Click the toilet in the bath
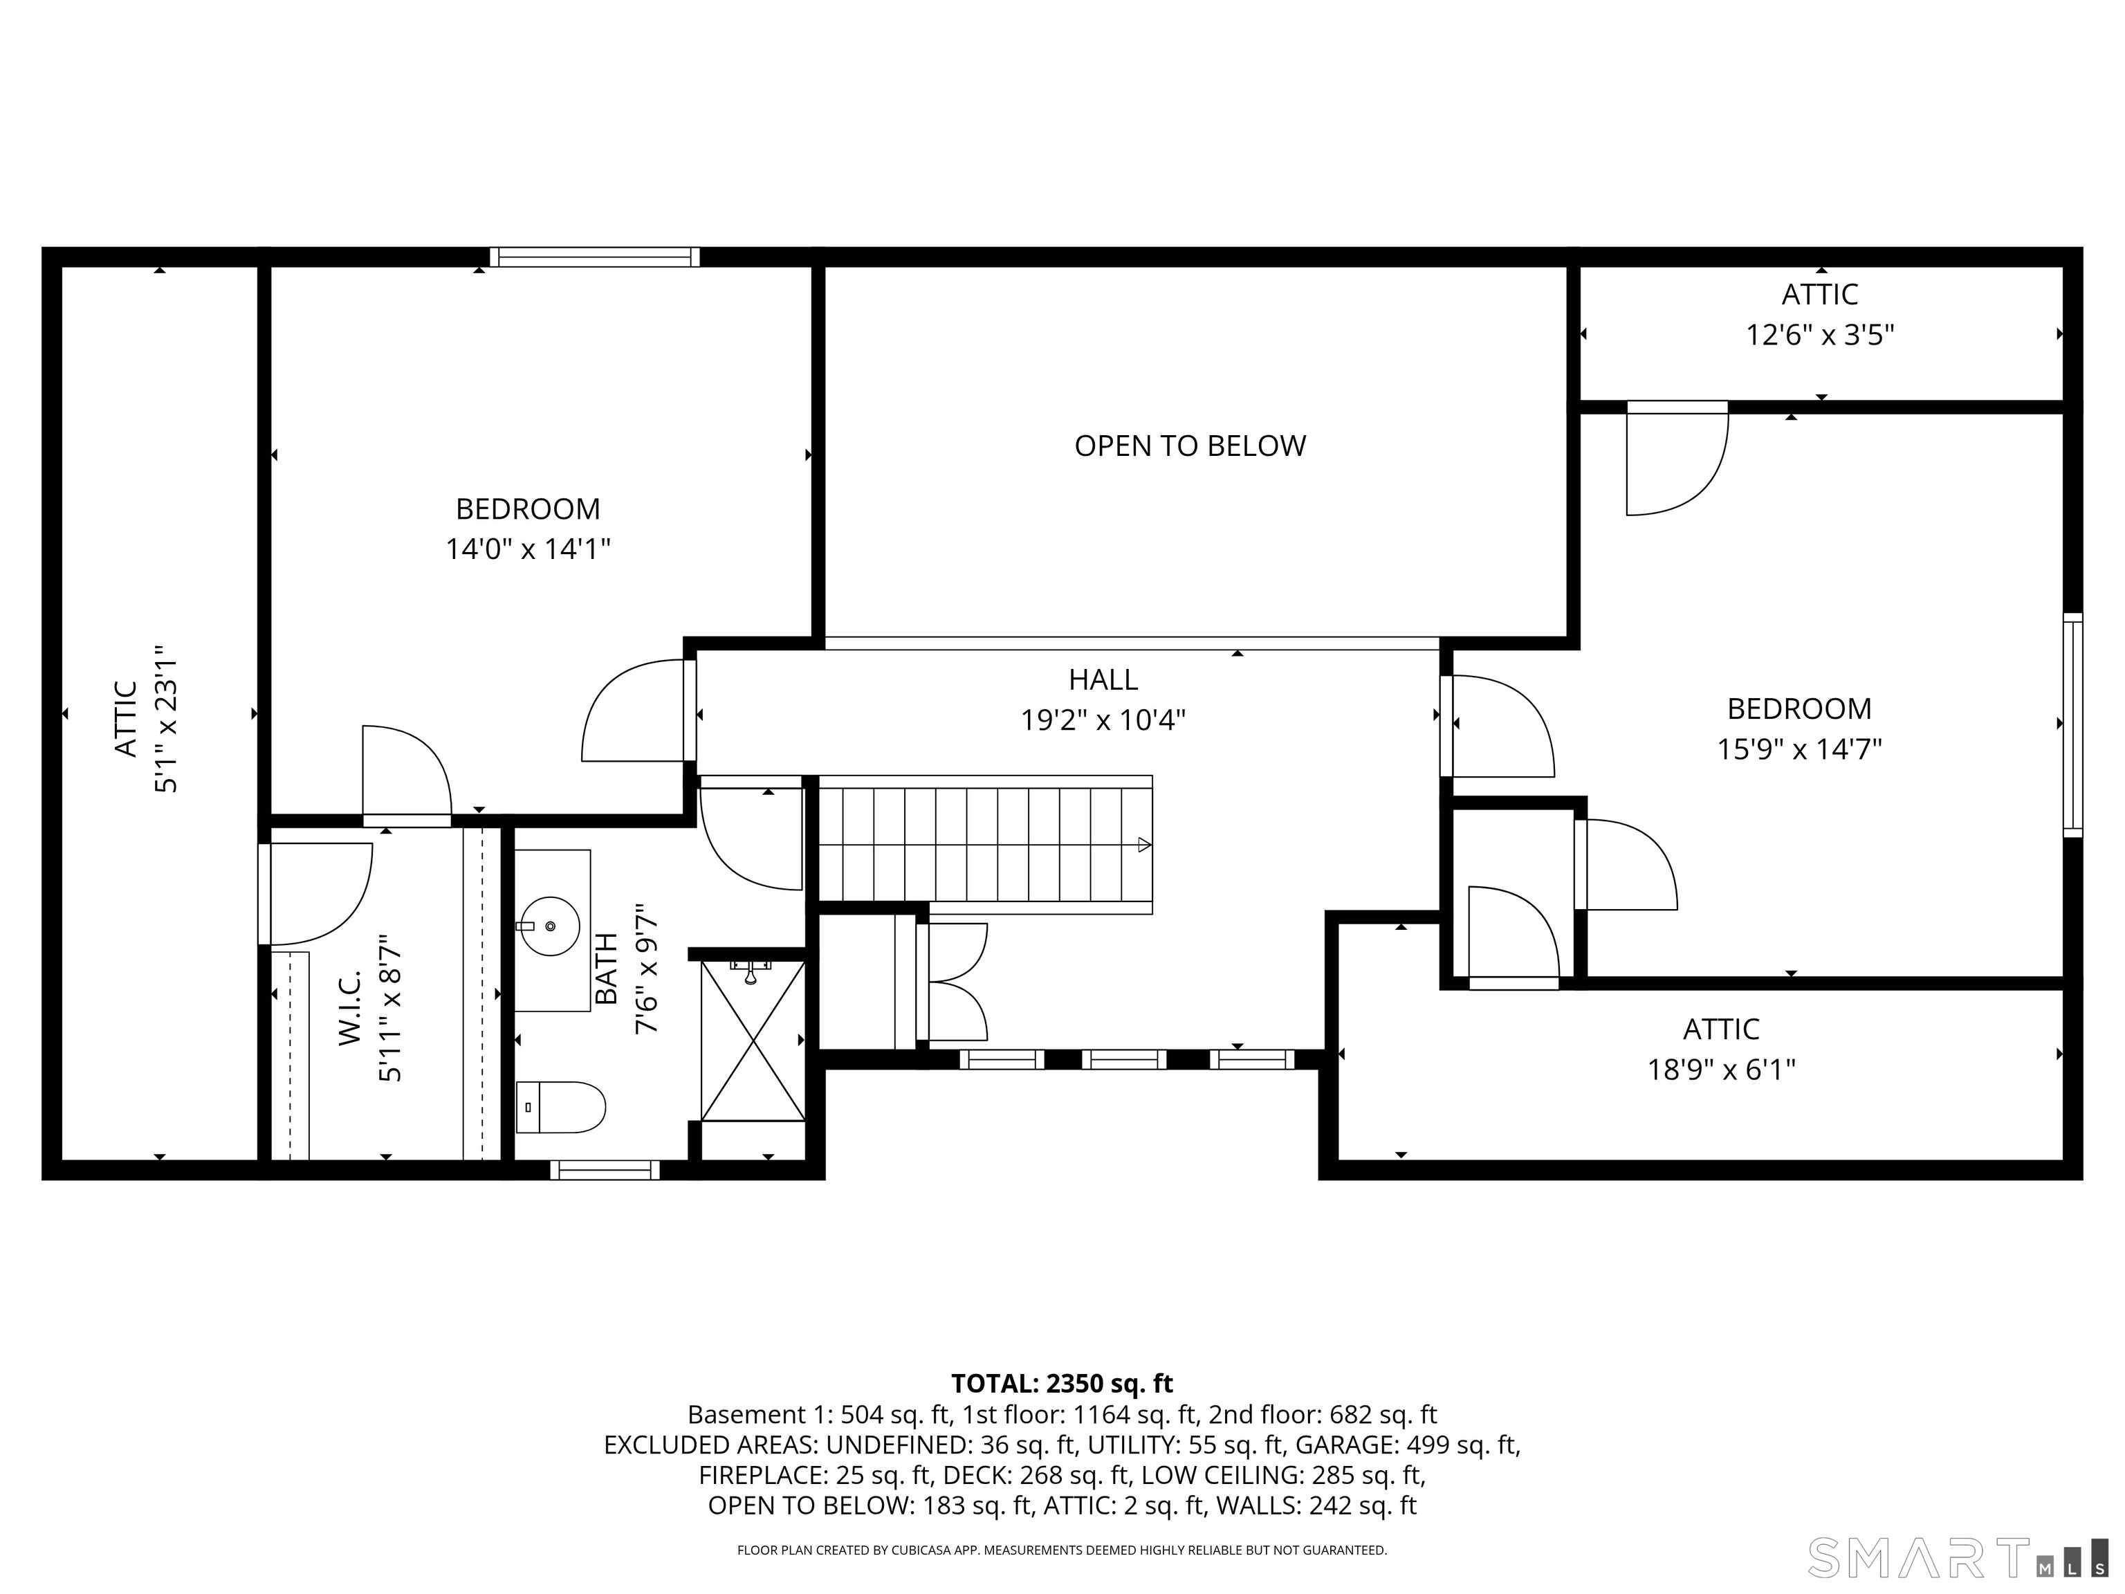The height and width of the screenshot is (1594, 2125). [x=561, y=1107]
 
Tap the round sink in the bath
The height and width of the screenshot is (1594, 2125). [x=551, y=926]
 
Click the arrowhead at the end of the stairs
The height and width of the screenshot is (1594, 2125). [x=1144, y=845]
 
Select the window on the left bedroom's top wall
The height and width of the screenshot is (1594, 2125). [x=595, y=257]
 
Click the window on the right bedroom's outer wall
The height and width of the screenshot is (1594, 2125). [x=2073, y=724]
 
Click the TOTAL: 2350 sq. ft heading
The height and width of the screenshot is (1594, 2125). [x=1062, y=1384]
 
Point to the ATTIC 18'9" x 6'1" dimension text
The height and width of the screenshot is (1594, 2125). [x=1722, y=1070]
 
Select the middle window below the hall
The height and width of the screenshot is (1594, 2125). [x=1124, y=1059]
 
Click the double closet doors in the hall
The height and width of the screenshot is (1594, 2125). [x=952, y=981]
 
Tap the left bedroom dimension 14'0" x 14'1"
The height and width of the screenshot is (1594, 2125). [x=527, y=549]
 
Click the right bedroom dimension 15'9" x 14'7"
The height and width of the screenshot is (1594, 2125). [x=1799, y=749]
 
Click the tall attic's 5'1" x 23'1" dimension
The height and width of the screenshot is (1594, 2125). [x=166, y=719]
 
